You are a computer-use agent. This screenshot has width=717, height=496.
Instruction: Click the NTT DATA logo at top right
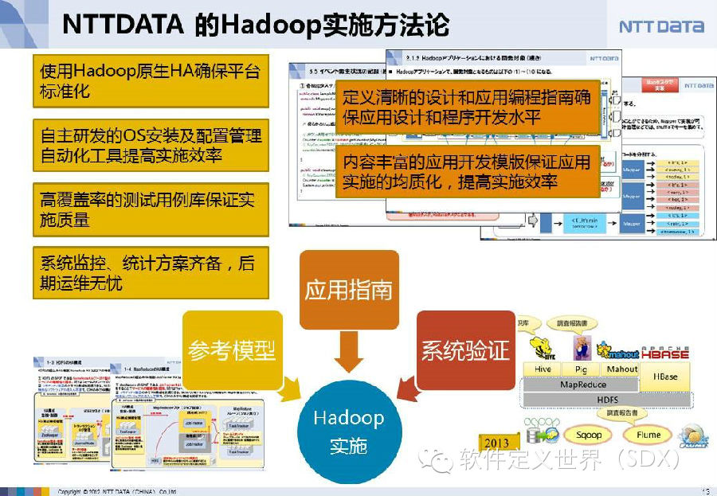tap(661, 26)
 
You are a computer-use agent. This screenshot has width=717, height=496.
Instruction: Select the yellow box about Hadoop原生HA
tap(151, 81)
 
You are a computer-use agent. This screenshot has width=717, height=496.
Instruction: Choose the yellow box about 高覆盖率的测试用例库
tap(151, 209)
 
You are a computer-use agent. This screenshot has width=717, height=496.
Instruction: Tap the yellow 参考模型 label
tap(232, 350)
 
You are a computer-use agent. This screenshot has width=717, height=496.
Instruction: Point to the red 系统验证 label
tap(465, 350)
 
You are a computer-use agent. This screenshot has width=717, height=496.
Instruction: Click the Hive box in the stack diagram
tap(543, 369)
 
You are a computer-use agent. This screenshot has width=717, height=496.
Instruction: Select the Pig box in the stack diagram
tap(581, 369)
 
